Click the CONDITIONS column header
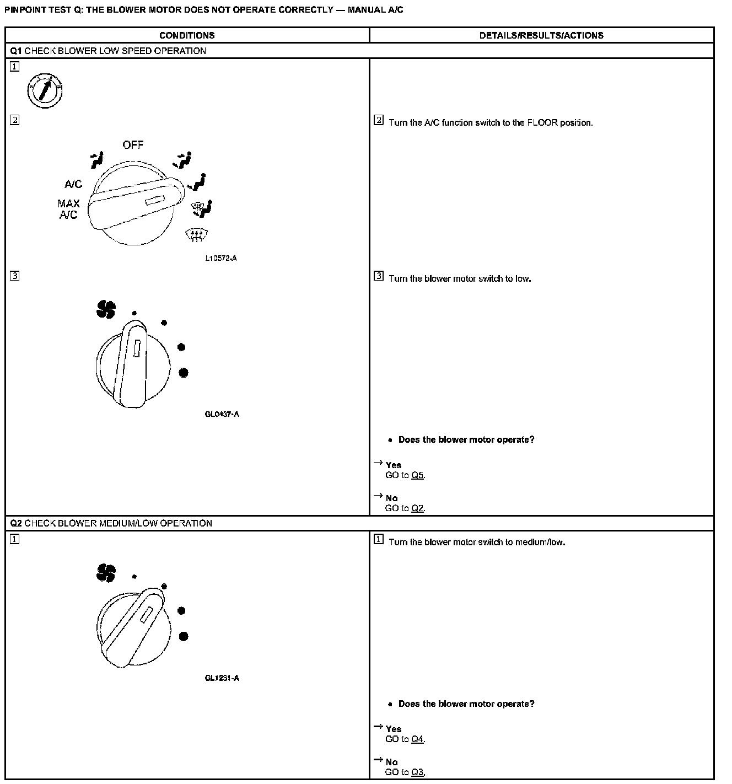coord(187,35)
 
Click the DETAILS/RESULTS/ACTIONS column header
coord(541,35)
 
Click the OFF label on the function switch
coord(133,145)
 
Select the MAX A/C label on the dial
coord(68,209)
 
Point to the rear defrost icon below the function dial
coord(195,235)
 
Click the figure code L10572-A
coord(220,258)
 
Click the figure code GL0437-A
coord(222,414)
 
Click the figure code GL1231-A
coord(222,678)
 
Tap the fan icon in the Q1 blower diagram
coord(105,309)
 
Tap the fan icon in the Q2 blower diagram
coord(105,573)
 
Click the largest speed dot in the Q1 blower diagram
coord(184,373)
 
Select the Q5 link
coord(417,475)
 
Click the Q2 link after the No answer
coord(417,508)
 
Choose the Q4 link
coord(417,739)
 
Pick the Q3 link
coord(417,772)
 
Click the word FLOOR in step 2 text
coord(542,122)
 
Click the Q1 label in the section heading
coord(16,51)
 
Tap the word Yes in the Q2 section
coord(394,729)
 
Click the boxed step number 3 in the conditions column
coord(14,276)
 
